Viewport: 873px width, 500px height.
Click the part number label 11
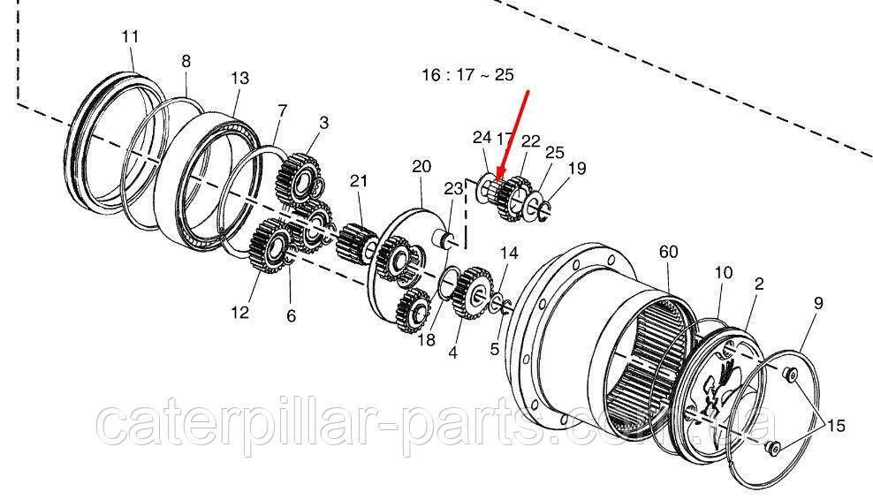tap(130, 37)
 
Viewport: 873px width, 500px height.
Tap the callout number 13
tap(240, 78)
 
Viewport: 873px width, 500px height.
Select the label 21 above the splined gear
tap(359, 180)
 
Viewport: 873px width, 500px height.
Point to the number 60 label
tap(668, 252)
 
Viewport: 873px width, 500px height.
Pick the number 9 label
tap(818, 304)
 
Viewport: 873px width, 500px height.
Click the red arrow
tap(513, 137)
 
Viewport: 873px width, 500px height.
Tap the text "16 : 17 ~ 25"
tap(467, 74)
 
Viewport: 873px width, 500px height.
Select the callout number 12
tap(240, 313)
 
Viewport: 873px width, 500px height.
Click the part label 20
tap(421, 166)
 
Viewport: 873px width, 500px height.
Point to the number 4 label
tap(452, 352)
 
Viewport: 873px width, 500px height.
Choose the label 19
tap(577, 168)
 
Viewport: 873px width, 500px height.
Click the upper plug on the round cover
tap(789, 375)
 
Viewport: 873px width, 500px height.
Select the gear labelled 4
tap(473, 292)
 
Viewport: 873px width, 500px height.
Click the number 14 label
tap(509, 254)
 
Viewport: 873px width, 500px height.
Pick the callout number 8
tap(186, 61)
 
